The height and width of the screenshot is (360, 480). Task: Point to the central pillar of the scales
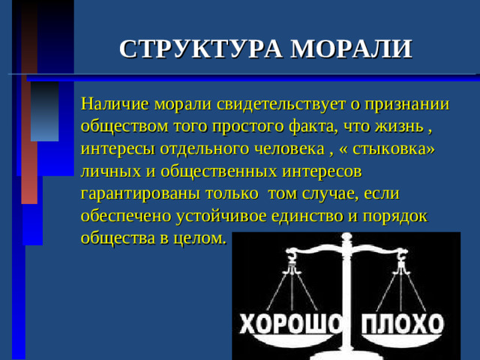[346, 300]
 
